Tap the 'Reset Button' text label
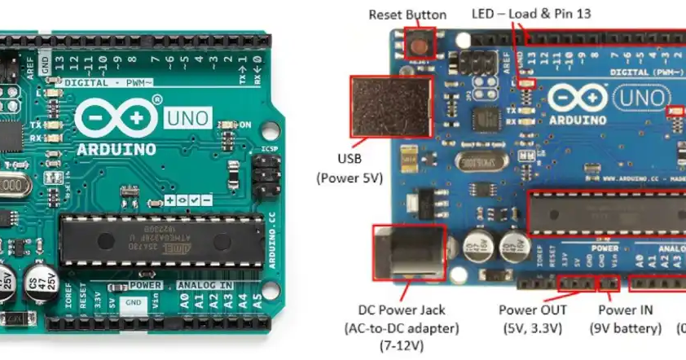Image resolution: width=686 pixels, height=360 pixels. (x=407, y=14)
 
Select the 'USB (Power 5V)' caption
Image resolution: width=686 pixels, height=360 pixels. (x=349, y=167)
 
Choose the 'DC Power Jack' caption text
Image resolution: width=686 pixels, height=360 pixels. (x=408, y=310)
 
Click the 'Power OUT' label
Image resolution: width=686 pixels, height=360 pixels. (x=533, y=310)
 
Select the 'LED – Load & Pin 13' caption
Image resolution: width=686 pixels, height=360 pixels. (x=531, y=14)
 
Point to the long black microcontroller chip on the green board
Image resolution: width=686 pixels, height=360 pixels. (x=162, y=241)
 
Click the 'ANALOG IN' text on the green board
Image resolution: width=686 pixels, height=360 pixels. (x=204, y=286)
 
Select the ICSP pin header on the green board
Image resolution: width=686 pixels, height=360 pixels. (x=262, y=174)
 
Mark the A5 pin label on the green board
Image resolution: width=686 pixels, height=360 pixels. (x=257, y=299)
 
